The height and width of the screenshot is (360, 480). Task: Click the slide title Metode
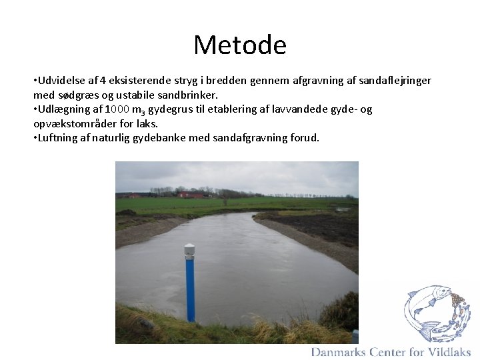[x=240, y=45]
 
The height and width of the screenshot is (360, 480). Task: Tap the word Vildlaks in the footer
[x=449, y=352]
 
